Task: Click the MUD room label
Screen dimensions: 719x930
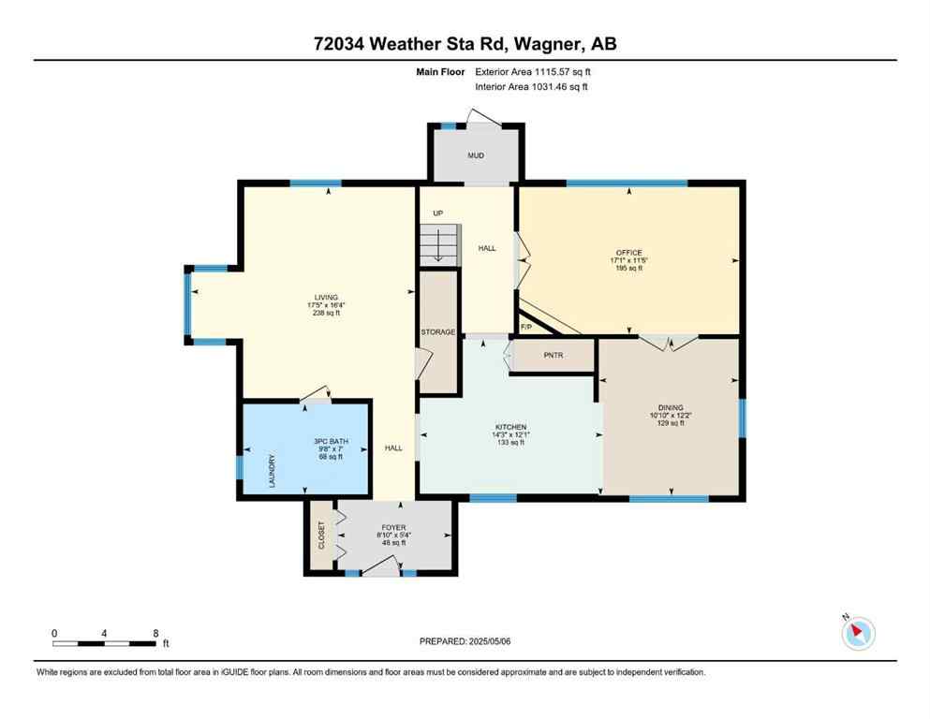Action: (x=476, y=155)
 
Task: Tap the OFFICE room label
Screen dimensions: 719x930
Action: (x=628, y=253)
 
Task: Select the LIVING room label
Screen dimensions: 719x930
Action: (x=326, y=298)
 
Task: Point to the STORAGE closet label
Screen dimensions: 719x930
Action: (x=437, y=332)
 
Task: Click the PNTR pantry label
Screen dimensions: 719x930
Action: (x=552, y=356)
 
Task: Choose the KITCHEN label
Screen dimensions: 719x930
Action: (x=510, y=427)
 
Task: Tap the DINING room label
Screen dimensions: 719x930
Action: (x=671, y=407)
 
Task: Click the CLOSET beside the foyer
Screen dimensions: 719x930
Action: (x=320, y=536)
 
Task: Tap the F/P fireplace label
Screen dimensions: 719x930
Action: (x=525, y=327)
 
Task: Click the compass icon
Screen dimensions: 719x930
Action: (x=857, y=633)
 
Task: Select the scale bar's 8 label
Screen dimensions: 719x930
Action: (x=155, y=633)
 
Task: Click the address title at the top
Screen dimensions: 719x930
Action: (x=465, y=44)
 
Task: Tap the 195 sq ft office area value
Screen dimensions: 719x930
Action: (x=628, y=269)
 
